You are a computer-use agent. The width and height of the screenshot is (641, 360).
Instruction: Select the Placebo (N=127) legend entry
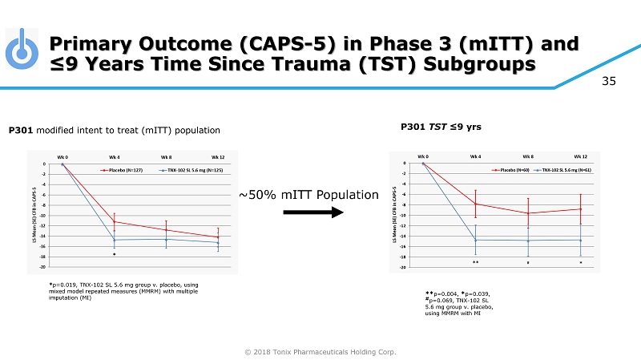click(x=127, y=171)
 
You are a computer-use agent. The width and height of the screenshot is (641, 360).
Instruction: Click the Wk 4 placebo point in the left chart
click(x=115, y=221)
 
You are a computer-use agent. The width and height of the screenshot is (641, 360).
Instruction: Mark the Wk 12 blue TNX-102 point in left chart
click(x=218, y=242)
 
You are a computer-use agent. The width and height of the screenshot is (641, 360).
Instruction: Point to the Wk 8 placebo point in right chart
click(x=528, y=213)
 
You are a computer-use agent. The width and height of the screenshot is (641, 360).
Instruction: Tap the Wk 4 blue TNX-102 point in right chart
click(x=476, y=240)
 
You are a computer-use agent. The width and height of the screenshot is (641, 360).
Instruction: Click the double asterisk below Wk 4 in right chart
click(x=476, y=262)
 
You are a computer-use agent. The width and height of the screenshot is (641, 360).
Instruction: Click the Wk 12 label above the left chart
click(x=218, y=156)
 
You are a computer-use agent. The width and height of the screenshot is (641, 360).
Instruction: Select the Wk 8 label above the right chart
click(x=528, y=156)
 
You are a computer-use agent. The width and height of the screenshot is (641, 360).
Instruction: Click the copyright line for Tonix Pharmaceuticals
click(x=320, y=351)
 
